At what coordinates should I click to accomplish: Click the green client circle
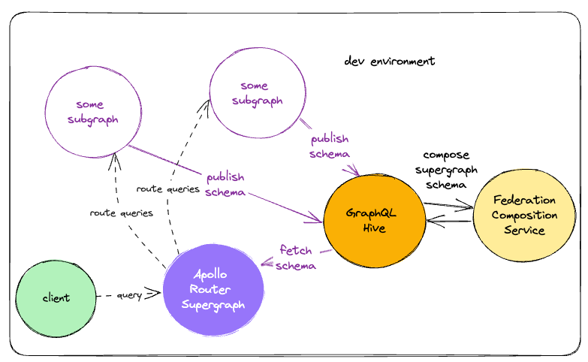56,297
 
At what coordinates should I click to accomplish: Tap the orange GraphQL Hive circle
369,220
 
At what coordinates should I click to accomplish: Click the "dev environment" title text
389,61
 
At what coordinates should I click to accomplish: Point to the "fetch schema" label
297,257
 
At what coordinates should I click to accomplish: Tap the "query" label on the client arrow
129,295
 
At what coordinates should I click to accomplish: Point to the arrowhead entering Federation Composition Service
470,205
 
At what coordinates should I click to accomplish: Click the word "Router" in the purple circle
213,291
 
